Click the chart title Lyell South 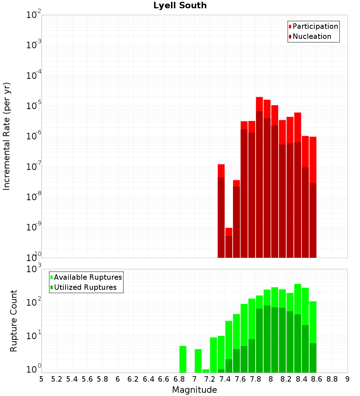(180, 5)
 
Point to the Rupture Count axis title (14, 320)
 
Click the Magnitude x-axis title (194, 390)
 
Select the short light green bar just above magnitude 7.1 (206, 371)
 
